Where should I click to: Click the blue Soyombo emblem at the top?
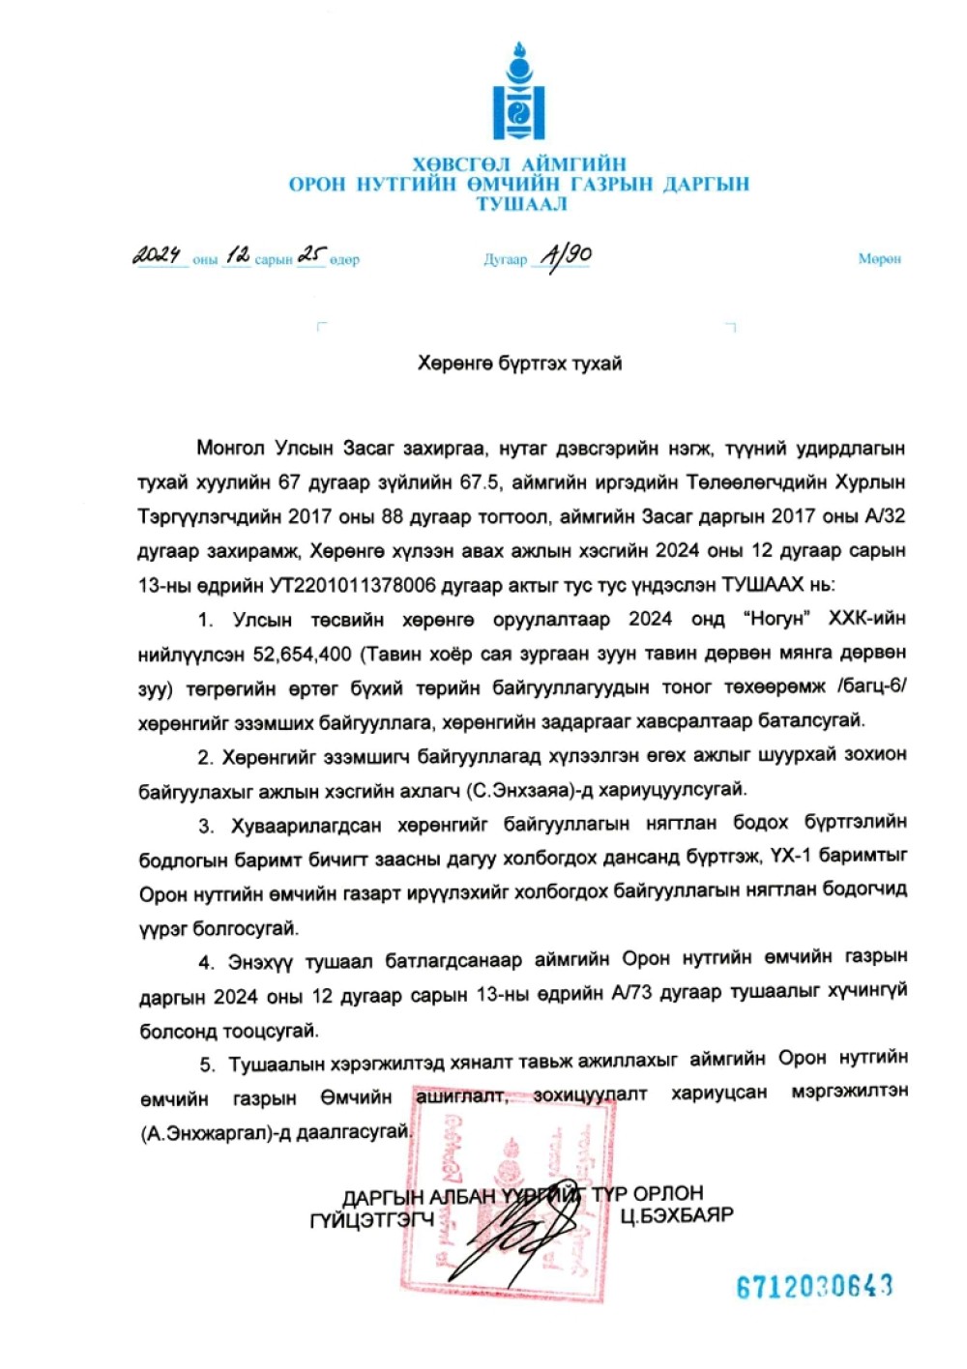518,92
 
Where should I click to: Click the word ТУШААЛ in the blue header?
521,204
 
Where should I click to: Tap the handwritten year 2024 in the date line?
158,255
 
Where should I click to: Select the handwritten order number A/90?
566,255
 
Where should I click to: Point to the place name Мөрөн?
879,258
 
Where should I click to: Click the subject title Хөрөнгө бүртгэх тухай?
519,364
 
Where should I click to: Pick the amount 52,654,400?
303,654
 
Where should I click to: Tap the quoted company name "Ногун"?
776,619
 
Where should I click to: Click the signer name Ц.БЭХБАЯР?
677,1214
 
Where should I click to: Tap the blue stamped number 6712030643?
814,1286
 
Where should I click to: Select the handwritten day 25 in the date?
311,255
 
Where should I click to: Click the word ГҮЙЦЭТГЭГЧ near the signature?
371,1220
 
